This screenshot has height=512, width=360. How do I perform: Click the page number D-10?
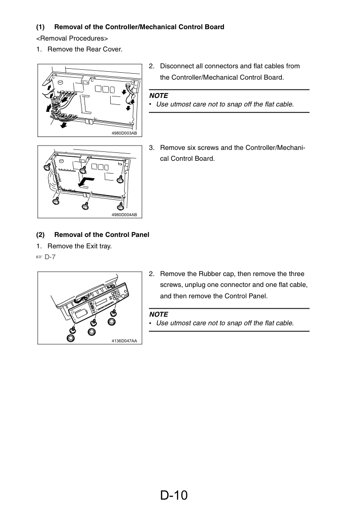(174, 495)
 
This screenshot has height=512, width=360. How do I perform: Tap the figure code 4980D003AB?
(124, 133)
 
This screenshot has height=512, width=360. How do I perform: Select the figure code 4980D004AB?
(124, 215)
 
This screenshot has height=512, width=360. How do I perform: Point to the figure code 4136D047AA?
(124, 341)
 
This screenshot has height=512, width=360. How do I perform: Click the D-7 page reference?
(50, 257)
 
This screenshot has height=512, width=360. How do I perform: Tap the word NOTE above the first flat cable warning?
(159, 95)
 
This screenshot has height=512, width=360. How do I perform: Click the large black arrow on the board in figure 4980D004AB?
(86, 182)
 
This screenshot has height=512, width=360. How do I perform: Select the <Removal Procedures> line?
(72, 38)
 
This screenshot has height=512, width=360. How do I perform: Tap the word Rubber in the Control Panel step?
(210, 274)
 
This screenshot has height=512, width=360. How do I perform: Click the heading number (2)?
(40, 235)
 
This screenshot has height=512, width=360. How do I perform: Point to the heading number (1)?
(40, 27)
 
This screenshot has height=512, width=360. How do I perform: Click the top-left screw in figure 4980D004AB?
(47, 167)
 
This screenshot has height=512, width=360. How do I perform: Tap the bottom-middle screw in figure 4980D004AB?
(86, 205)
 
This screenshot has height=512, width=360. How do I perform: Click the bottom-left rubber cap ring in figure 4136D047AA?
(71, 338)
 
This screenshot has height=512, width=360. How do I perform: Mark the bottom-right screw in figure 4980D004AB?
(121, 206)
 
